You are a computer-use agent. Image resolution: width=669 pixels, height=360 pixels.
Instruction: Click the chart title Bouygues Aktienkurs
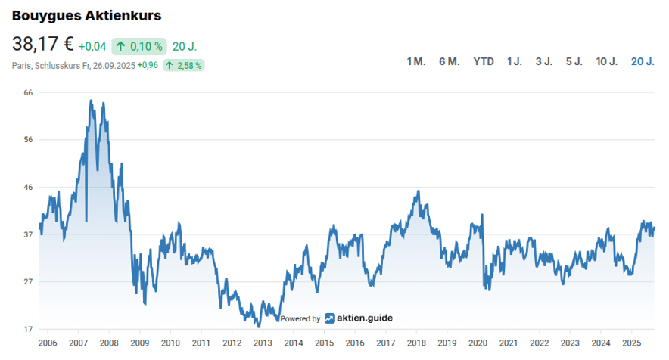[x=86, y=15]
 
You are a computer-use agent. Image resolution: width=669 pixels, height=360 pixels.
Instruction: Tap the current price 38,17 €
[x=42, y=45]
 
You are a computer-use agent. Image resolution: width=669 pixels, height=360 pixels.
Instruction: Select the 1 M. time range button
[x=416, y=61]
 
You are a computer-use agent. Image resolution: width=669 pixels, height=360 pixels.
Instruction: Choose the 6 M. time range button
[x=449, y=61]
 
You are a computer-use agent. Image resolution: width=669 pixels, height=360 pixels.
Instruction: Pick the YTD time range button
[x=484, y=61]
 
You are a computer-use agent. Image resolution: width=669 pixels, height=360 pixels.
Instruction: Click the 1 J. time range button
[x=515, y=61]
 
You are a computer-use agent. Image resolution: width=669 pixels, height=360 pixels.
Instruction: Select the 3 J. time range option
[x=543, y=61]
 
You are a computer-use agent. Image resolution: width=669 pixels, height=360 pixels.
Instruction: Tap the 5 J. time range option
[x=574, y=61]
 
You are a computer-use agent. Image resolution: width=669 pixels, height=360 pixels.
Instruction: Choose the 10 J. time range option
[x=607, y=61]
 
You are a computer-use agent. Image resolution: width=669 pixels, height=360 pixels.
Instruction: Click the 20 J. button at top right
[x=643, y=61]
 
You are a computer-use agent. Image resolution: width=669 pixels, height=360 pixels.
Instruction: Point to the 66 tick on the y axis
[x=28, y=92]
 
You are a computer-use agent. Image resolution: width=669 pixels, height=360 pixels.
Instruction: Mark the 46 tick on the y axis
[x=28, y=187]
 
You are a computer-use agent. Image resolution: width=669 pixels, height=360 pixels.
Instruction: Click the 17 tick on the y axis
[x=28, y=329]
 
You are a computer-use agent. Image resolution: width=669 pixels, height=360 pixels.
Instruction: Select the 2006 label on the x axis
[x=48, y=343]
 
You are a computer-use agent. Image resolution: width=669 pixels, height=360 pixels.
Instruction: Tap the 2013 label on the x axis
[x=263, y=343]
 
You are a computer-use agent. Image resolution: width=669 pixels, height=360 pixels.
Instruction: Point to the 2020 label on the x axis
[x=478, y=343]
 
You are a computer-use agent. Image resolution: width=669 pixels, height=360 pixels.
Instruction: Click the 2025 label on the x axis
[x=631, y=343]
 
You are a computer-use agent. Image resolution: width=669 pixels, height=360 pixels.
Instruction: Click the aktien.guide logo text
[x=365, y=318]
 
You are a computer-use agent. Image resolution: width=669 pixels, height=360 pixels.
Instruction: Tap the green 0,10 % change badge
[x=139, y=46]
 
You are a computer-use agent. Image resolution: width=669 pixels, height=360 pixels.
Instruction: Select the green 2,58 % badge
[x=183, y=66]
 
